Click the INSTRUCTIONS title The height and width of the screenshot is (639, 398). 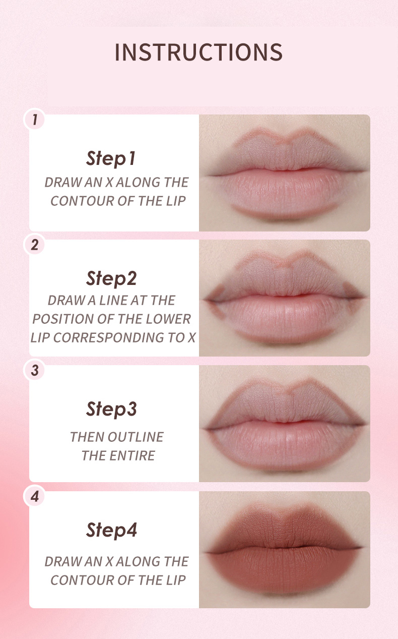pyautogui.click(x=198, y=52)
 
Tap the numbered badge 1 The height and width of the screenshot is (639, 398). pyautogui.click(x=35, y=119)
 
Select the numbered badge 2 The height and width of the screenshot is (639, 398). pyautogui.click(x=35, y=245)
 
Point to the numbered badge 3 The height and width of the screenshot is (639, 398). pyautogui.click(x=35, y=370)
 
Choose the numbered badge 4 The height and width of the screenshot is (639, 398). pyautogui.click(x=35, y=496)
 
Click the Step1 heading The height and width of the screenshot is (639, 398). pyautogui.click(x=111, y=158)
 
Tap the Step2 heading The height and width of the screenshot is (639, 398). pyautogui.click(x=111, y=278)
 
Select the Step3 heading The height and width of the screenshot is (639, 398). pyautogui.click(x=111, y=409)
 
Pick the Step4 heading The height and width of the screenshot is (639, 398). pyautogui.click(x=111, y=530)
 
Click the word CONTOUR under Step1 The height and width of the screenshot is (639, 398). pyautogui.click(x=83, y=201)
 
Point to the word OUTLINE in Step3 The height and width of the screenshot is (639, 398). pyautogui.click(x=136, y=437)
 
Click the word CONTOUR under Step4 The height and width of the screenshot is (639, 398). pyautogui.click(x=83, y=580)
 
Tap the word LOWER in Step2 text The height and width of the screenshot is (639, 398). pyautogui.click(x=168, y=319)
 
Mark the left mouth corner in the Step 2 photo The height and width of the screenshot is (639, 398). pyautogui.click(x=208, y=300)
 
